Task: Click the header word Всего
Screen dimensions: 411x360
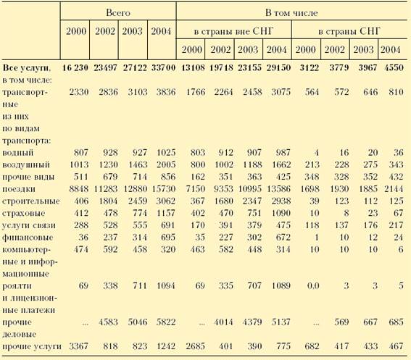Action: tap(118, 12)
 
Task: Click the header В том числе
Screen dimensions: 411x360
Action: tap(291, 12)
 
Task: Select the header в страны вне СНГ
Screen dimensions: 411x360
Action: tap(233, 31)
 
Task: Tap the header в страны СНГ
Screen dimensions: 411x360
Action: tap(349, 31)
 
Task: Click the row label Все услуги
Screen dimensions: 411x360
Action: tap(26, 67)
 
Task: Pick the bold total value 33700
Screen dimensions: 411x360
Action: tap(163, 67)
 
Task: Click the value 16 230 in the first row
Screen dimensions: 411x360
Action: tap(75, 67)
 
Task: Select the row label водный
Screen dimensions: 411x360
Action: tap(17, 153)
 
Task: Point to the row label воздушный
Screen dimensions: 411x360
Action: tap(26, 165)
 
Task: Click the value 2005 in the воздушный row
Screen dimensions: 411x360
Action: tap(166, 164)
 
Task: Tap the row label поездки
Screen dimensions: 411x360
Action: tap(19, 189)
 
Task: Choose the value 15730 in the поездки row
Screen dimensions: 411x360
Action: tap(164, 189)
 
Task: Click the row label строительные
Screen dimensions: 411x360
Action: tap(31, 201)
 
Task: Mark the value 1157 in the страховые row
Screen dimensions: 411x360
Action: tap(166, 213)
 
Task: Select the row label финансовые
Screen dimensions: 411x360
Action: tap(28, 238)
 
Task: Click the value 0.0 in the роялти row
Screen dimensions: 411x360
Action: tap(313, 285)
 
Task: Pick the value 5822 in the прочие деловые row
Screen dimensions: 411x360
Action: tap(166, 322)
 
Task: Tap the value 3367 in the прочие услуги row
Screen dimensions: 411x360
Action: tap(78, 346)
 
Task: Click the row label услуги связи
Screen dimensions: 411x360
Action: tap(29, 225)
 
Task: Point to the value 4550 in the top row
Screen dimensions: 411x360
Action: tap(394, 67)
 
